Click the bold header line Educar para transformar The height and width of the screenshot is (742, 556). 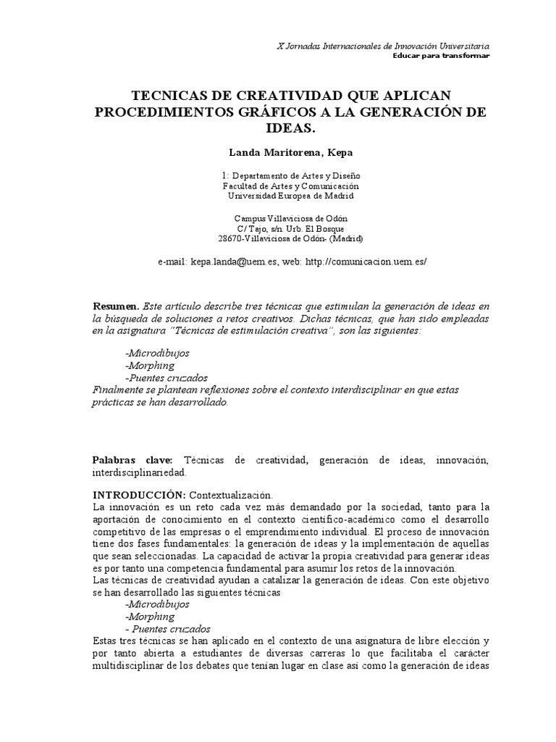coord(441,56)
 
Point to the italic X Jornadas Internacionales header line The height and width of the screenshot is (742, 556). coord(384,46)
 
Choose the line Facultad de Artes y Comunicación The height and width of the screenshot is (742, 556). coord(290,185)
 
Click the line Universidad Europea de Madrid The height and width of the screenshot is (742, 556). coord(291,195)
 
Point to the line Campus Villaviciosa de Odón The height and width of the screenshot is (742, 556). coord(291,219)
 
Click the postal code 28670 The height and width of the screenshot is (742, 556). coord(230,238)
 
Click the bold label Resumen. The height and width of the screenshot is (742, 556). coord(116,307)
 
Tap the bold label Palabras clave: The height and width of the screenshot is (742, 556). coord(132,460)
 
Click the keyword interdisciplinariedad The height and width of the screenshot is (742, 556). coord(139,472)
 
